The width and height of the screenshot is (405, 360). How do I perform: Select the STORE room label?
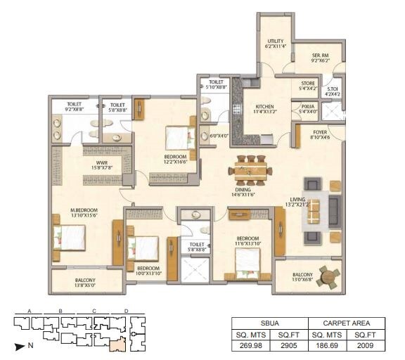[x=307, y=86]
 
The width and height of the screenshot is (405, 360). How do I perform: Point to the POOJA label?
[x=307, y=108]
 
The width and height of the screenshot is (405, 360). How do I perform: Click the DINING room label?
[x=244, y=191]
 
